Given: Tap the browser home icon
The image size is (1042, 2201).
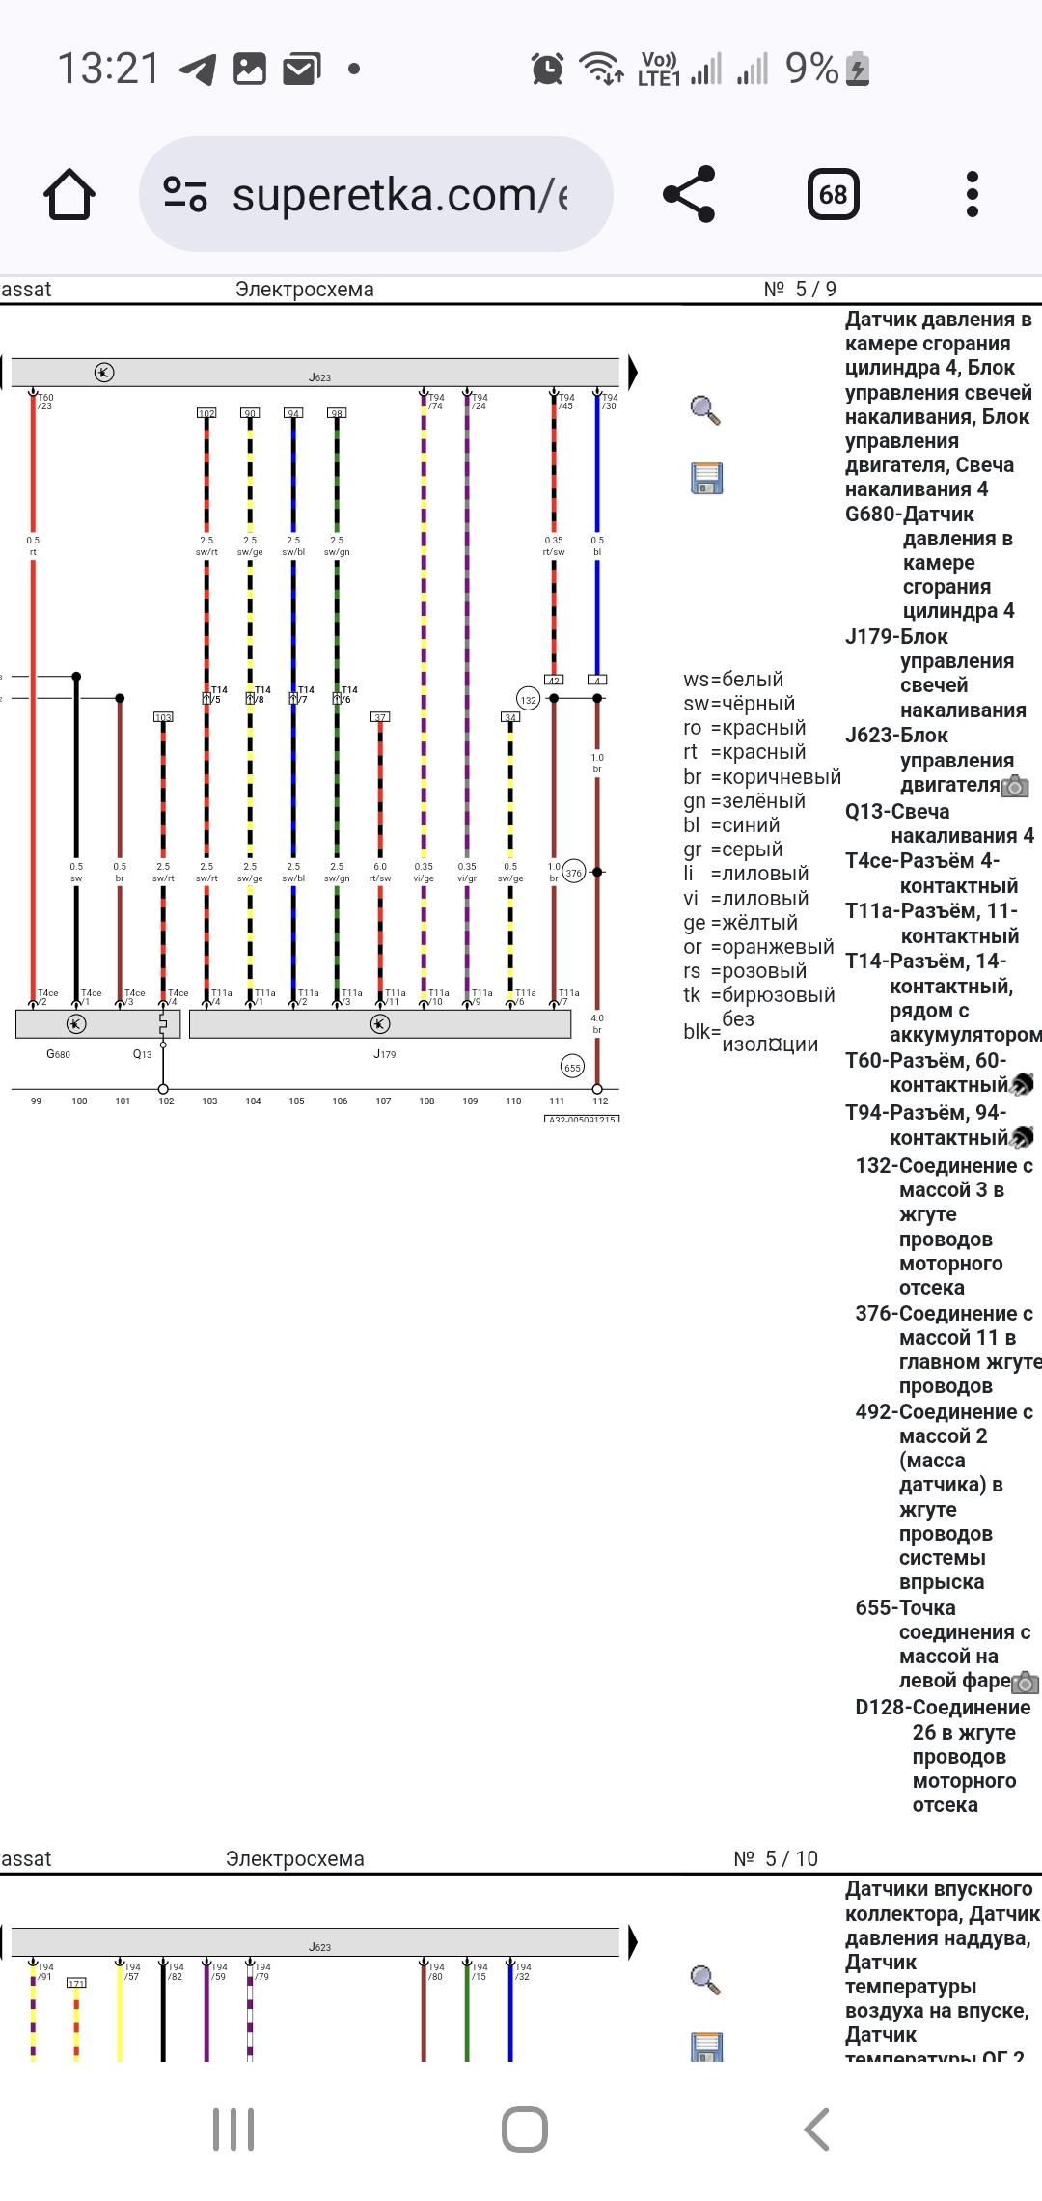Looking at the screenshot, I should point(69,195).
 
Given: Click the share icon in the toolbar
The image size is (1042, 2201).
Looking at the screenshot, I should point(690,195).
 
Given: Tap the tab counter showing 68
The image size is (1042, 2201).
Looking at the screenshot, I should point(833,195).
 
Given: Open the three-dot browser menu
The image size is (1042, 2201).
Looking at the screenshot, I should point(972,195).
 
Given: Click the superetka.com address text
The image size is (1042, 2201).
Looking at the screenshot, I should point(399,195).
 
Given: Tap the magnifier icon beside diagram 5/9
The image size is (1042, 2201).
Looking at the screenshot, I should point(705,410).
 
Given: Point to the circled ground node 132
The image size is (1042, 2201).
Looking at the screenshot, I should point(528,700).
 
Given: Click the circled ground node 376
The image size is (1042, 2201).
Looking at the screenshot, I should point(574,873).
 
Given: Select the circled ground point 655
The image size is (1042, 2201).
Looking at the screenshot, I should point(572,1068).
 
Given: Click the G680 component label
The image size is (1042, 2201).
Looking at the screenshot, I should point(58,1054).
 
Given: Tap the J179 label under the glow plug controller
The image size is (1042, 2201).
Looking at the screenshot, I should point(384,1054).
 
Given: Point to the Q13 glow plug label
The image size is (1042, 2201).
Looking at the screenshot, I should point(142,1054).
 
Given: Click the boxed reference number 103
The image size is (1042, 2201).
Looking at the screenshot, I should point(163,717).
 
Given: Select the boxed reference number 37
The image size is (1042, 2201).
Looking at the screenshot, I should point(380,717).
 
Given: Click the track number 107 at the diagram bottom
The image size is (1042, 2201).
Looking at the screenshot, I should point(383,1100).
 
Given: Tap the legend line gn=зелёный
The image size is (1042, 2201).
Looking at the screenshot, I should point(744,801).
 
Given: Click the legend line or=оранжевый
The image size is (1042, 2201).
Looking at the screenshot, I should point(758,947).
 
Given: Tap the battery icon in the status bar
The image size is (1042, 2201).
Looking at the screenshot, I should point(858,70).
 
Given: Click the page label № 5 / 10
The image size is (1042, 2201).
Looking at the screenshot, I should point(776,1858).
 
